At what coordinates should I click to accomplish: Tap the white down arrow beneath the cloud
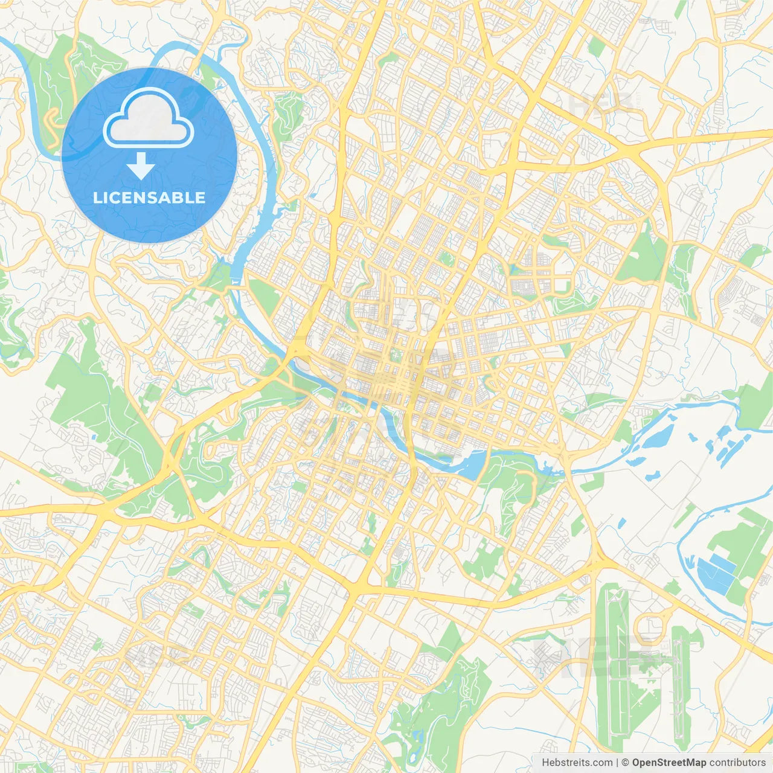pyautogui.click(x=141, y=166)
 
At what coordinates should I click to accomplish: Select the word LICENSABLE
pyautogui.click(x=149, y=198)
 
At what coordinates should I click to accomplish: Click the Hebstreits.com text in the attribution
pyautogui.click(x=577, y=763)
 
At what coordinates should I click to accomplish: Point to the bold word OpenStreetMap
pyautogui.click(x=669, y=763)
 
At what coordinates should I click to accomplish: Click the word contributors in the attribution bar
pyautogui.click(x=737, y=763)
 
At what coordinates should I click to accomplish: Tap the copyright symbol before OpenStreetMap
pyautogui.click(x=626, y=763)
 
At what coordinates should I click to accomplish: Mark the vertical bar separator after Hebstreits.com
pyautogui.click(x=617, y=763)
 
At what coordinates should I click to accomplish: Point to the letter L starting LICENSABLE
pyautogui.click(x=97, y=198)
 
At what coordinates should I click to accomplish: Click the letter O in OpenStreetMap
pyautogui.click(x=637, y=763)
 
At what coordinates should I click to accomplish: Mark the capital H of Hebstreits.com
pyautogui.click(x=546, y=763)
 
